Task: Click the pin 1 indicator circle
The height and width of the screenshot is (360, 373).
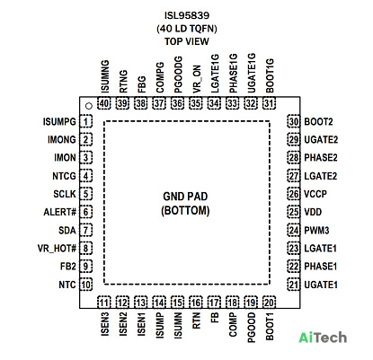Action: click(x=88, y=106)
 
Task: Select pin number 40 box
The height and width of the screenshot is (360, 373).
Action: click(x=104, y=103)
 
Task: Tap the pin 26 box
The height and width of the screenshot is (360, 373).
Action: click(x=294, y=194)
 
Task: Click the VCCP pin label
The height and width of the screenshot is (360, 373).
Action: click(x=315, y=194)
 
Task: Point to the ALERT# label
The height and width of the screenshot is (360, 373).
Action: click(x=60, y=212)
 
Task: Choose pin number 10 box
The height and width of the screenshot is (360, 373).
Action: click(x=86, y=285)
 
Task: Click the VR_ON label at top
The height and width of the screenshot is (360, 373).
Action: click(x=196, y=79)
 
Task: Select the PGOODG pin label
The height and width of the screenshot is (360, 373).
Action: click(x=178, y=75)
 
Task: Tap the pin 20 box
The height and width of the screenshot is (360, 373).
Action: click(x=269, y=303)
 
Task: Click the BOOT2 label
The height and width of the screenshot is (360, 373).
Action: click(x=318, y=122)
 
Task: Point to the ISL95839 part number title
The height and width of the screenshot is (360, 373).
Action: click(x=187, y=15)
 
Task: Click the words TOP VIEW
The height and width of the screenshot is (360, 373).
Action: click(x=187, y=41)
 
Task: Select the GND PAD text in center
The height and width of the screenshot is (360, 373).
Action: click(x=185, y=197)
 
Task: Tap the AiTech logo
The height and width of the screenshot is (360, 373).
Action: click(x=323, y=338)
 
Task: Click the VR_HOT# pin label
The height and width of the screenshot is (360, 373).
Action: click(x=57, y=249)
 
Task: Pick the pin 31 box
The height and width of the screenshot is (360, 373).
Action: click(x=269, y=103)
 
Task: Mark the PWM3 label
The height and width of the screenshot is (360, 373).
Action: click(x=316, y=231)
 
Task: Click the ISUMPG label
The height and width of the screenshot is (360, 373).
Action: click(x=59, y=122)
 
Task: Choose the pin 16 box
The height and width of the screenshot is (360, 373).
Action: click(x=196, y=303)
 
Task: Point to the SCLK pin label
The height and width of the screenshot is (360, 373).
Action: click(x=65, y=194)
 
